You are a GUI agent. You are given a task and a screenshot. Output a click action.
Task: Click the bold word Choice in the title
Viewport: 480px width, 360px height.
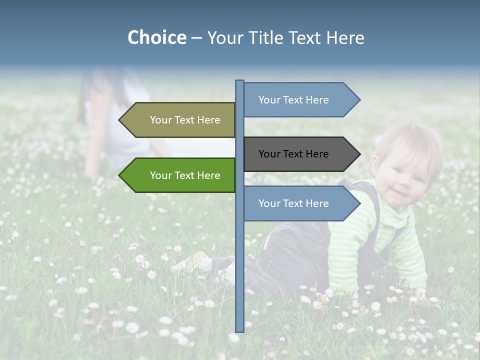coord(156,37)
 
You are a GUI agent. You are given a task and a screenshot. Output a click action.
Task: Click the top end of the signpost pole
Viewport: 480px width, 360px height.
coord(239,81)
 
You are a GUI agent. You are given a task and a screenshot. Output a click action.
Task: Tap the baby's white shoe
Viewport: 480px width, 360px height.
coord(197,261)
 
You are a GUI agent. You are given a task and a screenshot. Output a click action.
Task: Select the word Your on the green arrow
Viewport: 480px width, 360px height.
coord(161,175)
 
